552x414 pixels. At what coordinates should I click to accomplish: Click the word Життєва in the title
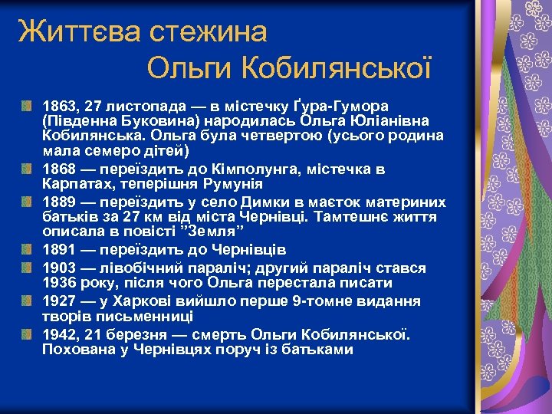69,31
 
